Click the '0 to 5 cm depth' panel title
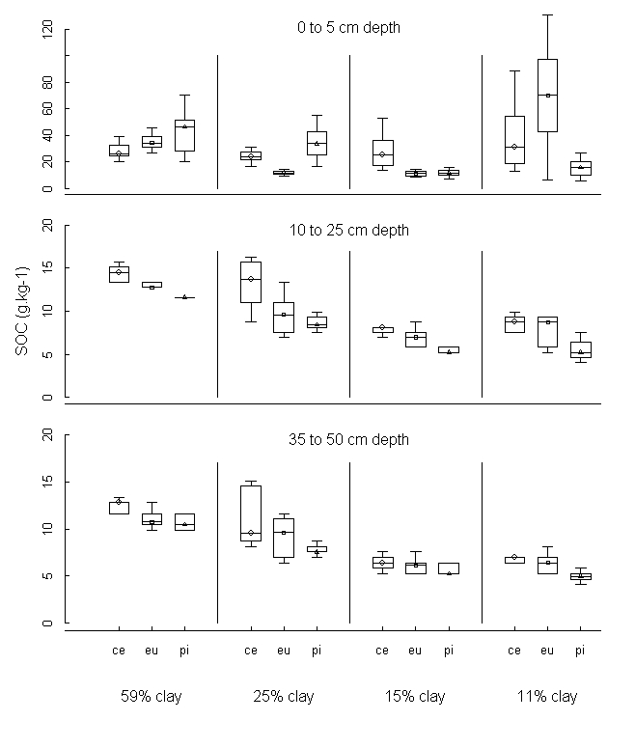[x=348, y=28]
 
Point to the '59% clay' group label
[x=152, y=697]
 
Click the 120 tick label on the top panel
[x=45, y=31]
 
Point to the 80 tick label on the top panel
[x=45, y=83]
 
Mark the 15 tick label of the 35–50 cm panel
[x=45, y=483]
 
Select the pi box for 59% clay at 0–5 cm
[x=184, y=135]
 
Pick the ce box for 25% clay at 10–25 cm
[x=251, y=282]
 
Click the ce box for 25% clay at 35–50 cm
[x=251, y=513]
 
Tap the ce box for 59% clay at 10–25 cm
[x=119, y=274]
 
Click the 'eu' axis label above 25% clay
[x=284, y=651]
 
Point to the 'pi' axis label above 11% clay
[x=580, y=651]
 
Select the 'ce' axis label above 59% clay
[x=119, y=651]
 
